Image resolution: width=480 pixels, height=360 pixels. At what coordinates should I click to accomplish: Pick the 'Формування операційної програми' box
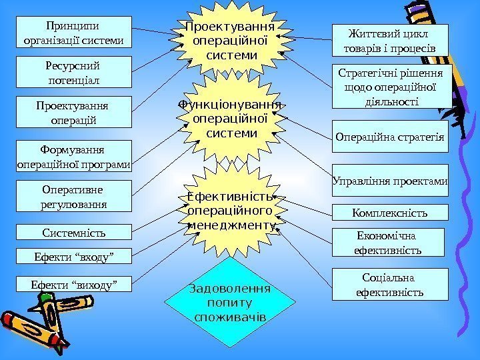pos(73,155)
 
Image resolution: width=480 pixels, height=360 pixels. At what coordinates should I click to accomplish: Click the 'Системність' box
pos(73,232)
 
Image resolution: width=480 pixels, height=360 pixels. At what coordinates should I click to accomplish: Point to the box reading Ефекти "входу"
pos(73,255)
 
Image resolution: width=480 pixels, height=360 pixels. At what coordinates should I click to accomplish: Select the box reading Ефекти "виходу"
pos(73,285)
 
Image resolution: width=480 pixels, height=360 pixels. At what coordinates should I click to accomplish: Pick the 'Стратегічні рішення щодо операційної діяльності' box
pos(391,87)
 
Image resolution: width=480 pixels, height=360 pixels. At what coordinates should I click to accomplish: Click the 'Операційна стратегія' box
pos(390,137)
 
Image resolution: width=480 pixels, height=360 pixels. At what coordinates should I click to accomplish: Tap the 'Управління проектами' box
pos(390,180)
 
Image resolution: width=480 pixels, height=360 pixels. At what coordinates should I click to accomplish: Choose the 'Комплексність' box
pos(390,213)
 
